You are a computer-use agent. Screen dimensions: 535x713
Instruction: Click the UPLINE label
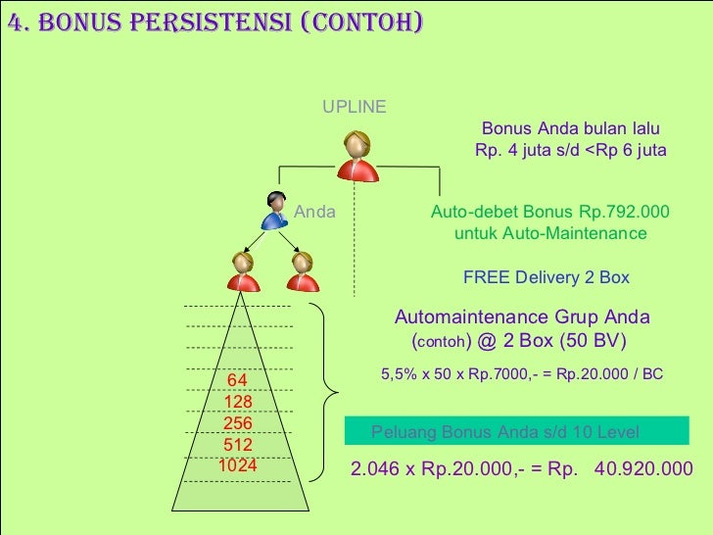pyautogui.click(x=355, y=107)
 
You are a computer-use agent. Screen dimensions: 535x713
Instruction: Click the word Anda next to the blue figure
pyautogui.click(x=315, y=212)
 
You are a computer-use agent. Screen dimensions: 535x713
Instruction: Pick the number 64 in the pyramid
pyautogui.click(x=237, y=380)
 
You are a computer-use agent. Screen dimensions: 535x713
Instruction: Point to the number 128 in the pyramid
pyautogui.click(x=238, y=402)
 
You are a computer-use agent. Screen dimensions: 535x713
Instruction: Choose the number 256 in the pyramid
pyautogui.click(x=238, y=423)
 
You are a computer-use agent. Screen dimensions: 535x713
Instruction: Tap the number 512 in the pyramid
pyautogui.click(x=238, y=445)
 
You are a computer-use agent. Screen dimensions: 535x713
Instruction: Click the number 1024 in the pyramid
pyautogui.click(x=238, y=465)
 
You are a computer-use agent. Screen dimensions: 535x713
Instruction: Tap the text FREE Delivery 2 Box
pyautogui.click(x=547, y=277)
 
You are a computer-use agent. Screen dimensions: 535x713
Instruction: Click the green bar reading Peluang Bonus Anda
pyautogui.click(x=517, y=432)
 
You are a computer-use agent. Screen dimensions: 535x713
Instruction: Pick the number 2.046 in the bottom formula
pyautogui.click(x=375, y=468)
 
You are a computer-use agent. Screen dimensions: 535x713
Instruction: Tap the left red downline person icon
pyautogui.click(x=244, y=271)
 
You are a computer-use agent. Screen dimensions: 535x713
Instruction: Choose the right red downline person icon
pyautogui.click(x=303, y=271)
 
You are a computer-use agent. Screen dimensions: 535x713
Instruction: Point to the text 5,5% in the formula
pyautogui.click(x=398, y=374)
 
